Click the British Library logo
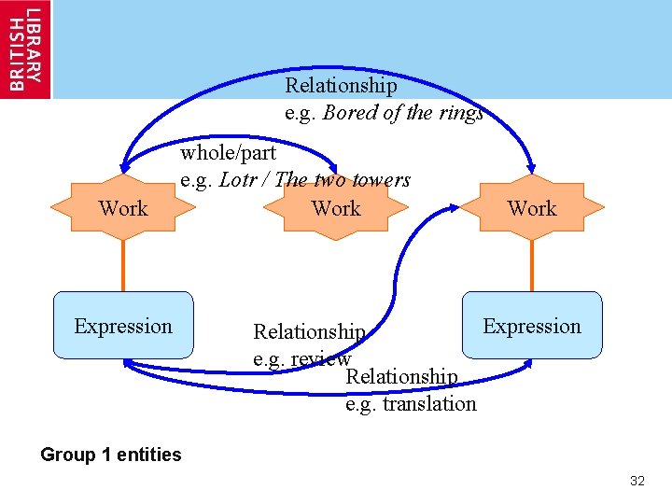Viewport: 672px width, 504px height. point(25,49)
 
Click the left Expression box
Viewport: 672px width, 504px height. point(123,326)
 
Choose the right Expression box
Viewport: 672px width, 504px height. point(532,326)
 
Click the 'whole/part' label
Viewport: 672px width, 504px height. point(229,152)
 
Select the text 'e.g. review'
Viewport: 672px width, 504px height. point(301,358)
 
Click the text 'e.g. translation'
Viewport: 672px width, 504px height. point(411,403)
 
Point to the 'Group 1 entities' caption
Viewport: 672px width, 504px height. point(111,455)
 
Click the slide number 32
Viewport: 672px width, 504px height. point(637,481)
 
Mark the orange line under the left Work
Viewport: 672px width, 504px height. point(123,266)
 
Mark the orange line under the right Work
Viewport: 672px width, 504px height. point(532,266)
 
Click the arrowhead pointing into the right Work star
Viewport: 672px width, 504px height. point(529,167)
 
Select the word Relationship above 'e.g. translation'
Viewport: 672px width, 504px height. point(401,376)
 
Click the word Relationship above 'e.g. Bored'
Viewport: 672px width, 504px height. point(341,86)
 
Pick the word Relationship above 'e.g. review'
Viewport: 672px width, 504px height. point(309,332)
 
